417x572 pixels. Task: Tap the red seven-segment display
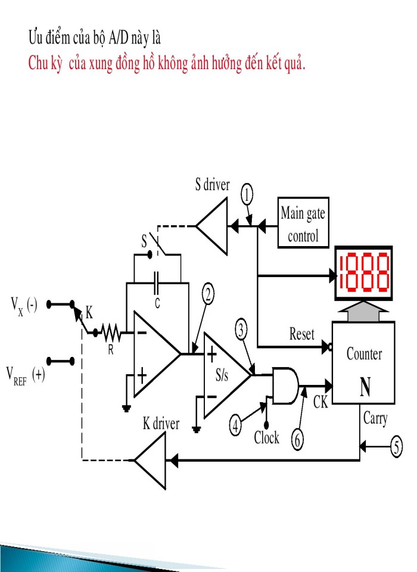pos(363,272)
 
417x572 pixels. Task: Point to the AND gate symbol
pos(285,383)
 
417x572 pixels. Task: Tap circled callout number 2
pos(207,293)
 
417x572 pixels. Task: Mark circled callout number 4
pos(236,425)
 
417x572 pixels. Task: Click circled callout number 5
pos(397,446)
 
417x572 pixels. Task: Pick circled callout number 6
pos(297,439)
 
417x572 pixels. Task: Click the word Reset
pos(301,334)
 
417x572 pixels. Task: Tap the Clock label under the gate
pos(266,437)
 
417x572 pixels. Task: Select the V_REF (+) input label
pos(26,377)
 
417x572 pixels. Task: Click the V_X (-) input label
pos(24,305)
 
